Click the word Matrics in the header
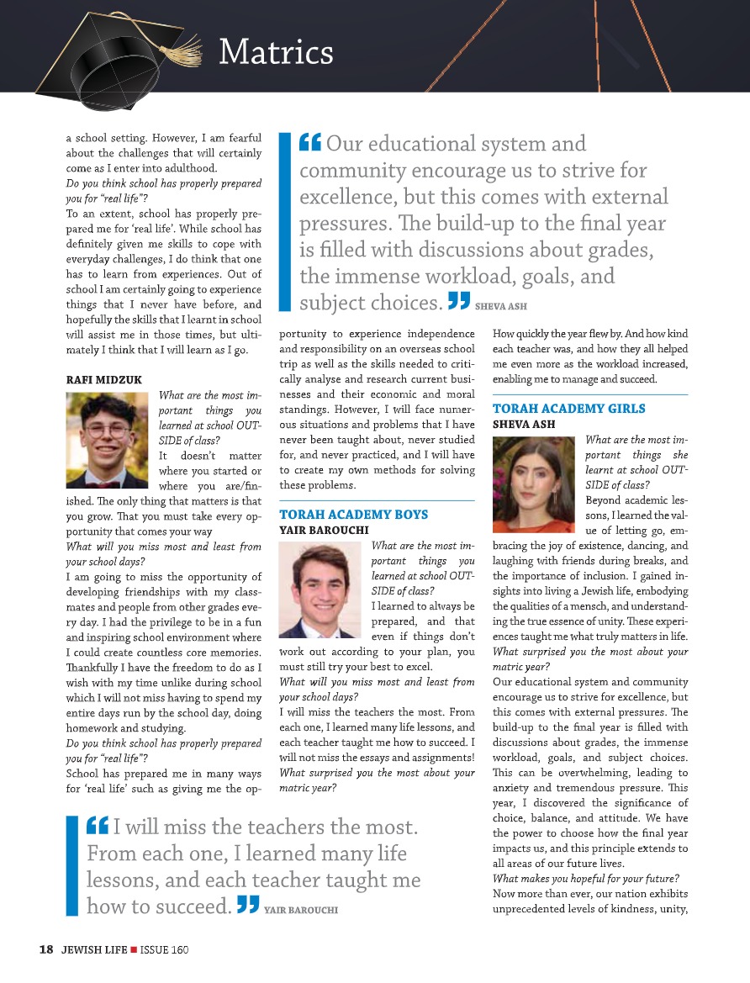[x=276, y=53]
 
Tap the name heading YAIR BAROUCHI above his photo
[x=323, y=530]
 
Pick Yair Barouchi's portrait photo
[x=322, y=590]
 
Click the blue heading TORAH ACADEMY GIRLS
[x=569, y=409]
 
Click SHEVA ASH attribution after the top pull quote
[x=501, y=306]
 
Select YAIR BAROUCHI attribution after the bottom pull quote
[x=301, y=910]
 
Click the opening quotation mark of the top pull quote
[x=309, y=143]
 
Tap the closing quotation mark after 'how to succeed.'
[x=247, y=905]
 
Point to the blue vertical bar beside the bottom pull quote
[x=71, y=866]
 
